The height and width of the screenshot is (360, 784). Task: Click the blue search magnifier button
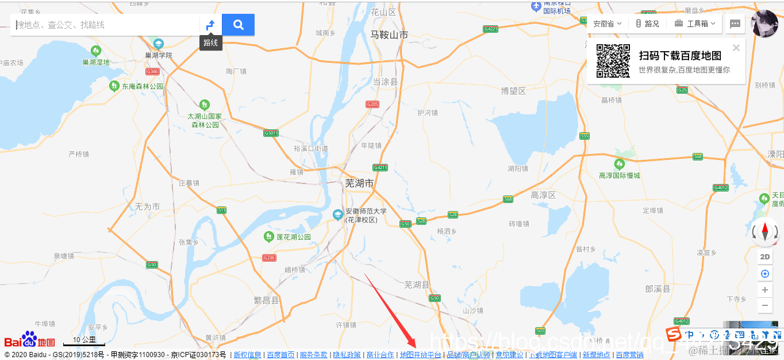click(x=238, y=25)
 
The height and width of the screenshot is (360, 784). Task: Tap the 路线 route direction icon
click(x=210, y=25)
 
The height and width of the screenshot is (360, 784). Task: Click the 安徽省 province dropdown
click(x=607, y=24)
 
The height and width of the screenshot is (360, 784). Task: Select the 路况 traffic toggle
click(x=647, y=24)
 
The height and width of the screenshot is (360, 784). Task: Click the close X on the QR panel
click(x=736, y=48)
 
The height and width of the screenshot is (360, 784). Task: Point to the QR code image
click(x=613, y=61)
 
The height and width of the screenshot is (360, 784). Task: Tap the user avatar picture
click(x=765, y=24)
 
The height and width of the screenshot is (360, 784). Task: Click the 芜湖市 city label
click(x=359, y=183)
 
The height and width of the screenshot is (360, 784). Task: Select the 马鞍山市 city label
click(x=389, y=35)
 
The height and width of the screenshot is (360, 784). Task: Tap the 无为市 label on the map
click(x=147, y=206)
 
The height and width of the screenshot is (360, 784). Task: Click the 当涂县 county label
click(x=385, y=82)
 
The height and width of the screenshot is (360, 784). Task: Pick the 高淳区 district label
click(x=543, y=196)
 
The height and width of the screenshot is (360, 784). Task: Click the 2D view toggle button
click(x=764, y=257)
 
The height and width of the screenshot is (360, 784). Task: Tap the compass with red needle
click(x=765, y=232)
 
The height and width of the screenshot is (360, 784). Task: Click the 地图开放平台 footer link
click(x=420, y=355)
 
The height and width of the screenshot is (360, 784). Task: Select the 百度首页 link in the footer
click(x=280, y=355)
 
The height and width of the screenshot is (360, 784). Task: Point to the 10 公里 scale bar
click(x=84, y=341)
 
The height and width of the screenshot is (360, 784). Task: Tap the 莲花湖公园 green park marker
click(x=268, y=236)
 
